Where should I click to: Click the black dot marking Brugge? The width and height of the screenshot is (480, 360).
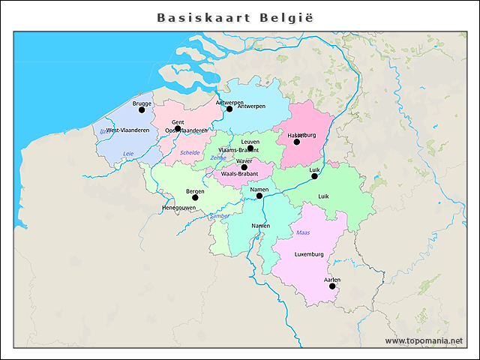142,109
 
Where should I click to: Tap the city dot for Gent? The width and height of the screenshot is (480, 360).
178,128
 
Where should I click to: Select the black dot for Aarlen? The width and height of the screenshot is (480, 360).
332,286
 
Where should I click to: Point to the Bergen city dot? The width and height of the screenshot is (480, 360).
195,198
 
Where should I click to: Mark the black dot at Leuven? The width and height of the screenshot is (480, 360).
250,148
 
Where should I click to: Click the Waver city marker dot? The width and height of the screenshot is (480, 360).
244,167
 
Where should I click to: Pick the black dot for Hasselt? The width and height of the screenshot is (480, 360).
296,142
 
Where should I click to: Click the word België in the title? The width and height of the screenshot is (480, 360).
286,17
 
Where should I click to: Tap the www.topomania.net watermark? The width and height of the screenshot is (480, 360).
424,341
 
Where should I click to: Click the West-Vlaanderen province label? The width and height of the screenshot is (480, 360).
127,130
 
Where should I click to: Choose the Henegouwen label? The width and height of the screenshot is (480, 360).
178,208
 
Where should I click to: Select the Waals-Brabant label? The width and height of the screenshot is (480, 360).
240,174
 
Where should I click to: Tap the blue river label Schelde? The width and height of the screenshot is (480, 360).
190,152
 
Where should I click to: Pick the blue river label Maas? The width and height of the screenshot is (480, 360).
303,233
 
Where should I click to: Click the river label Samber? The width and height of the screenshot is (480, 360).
220,216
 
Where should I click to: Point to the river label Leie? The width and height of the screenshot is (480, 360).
128,154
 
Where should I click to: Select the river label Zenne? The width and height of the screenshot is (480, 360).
217,158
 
